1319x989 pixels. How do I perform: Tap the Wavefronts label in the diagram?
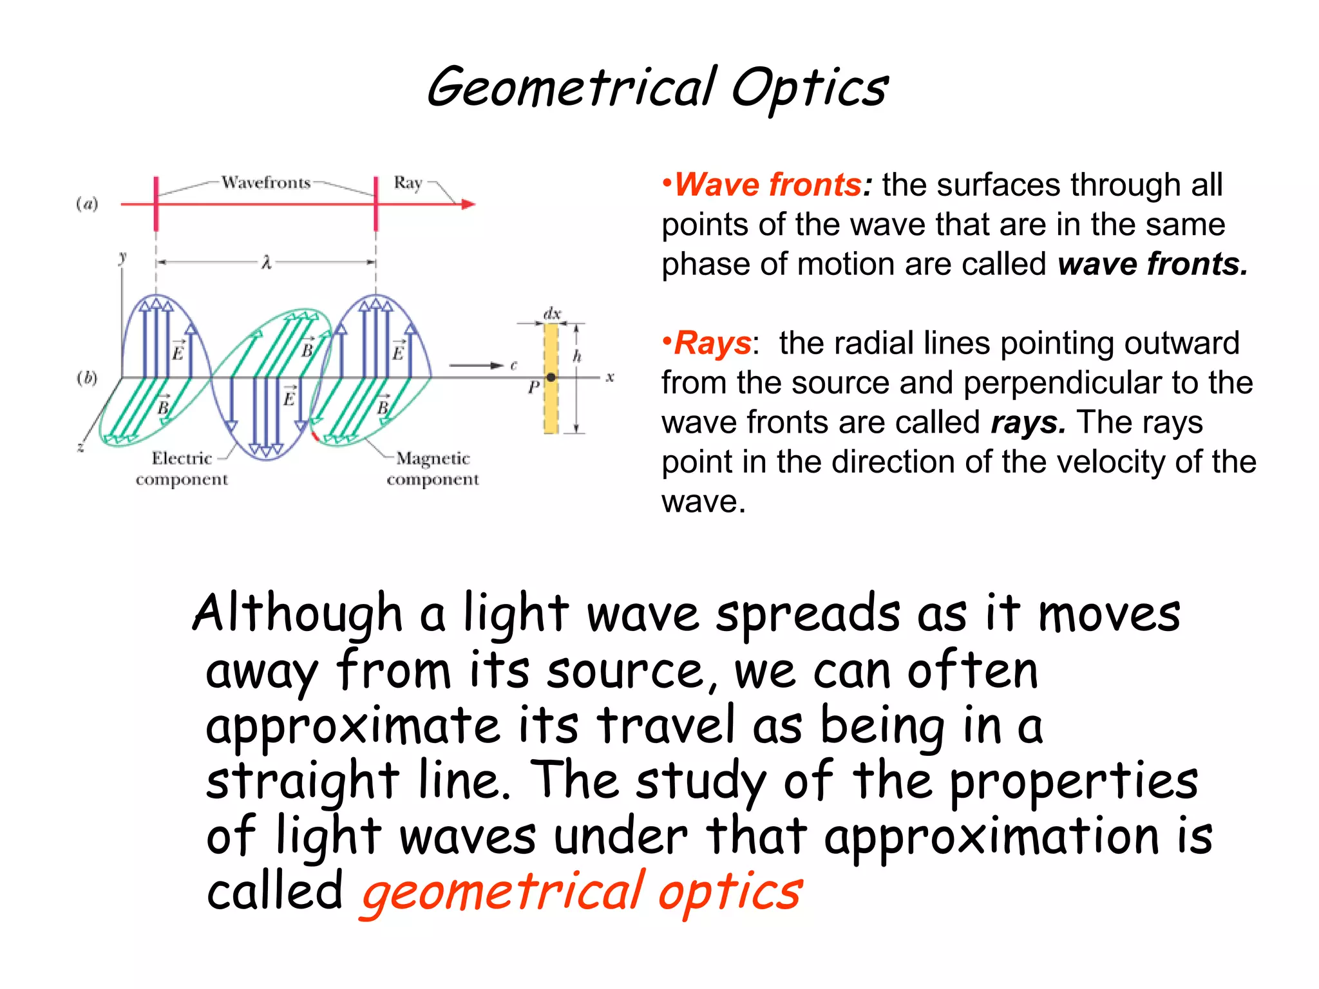click(266, 183)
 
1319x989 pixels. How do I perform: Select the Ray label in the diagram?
click(408, 183)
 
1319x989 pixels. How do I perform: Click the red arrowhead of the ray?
click(469, 204)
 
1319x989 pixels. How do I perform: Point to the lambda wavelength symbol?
click(266, 263)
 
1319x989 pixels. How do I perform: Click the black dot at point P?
click(551, 377)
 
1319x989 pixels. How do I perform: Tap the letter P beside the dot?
click(533, 387)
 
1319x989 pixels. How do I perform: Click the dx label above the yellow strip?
click(552, 314)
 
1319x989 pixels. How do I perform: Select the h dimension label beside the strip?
click(577, 356)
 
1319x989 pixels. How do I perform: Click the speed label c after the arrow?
click(513, 366)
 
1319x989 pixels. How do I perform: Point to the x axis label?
click(610, 377)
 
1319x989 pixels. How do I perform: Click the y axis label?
click(122, 258)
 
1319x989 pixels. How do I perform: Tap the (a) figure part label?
click(87, 204)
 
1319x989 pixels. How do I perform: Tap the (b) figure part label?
click(87, 377)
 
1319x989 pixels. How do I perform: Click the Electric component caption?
click(182, 469)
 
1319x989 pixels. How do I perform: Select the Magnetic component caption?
click(433, 469)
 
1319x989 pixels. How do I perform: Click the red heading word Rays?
click(712, 343)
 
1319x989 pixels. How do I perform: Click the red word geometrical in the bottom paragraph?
click(502, 892)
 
